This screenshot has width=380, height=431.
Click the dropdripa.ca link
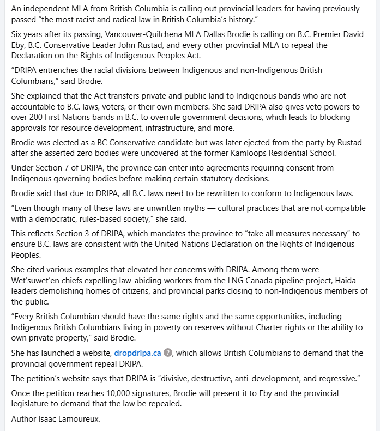pyautogui.click(x=137, y=353)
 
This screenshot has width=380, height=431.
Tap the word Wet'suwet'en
pyautogui.click(x=35, y=281)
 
